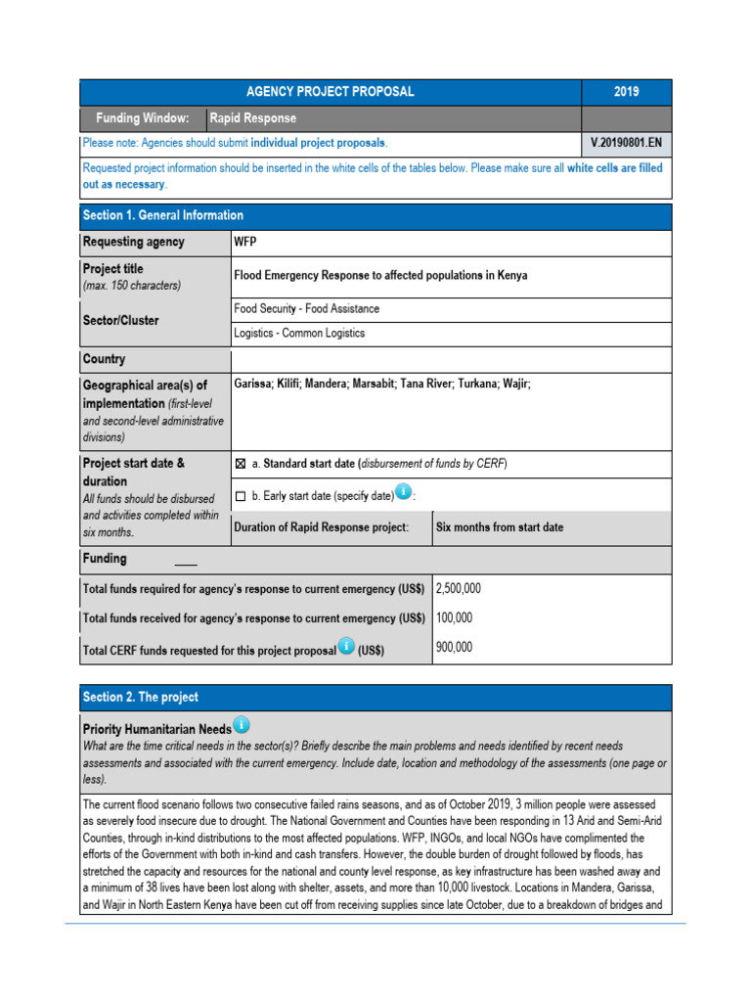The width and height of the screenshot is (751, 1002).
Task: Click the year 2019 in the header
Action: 626,92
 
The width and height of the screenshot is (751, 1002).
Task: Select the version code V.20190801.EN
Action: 626,143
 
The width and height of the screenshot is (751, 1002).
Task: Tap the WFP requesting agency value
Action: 245,242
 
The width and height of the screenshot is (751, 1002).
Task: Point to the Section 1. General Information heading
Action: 163,215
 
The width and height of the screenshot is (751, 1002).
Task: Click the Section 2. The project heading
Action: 141,697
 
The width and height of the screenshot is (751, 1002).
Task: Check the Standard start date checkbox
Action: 241,464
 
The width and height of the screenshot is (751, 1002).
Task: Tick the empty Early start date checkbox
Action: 241,496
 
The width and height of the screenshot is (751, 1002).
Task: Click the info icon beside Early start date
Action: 403,492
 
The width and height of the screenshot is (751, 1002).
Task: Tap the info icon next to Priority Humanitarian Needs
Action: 241,725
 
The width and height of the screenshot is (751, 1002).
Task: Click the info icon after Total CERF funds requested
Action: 345,648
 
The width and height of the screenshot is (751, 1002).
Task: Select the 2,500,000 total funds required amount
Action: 458,589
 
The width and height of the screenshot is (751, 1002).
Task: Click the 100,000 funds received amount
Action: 454,618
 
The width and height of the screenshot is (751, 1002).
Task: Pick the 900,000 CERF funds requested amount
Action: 454,647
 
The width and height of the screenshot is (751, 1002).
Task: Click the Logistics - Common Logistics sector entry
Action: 299,333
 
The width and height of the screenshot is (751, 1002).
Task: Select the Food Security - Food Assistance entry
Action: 306,308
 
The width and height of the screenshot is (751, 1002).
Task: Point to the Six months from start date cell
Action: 499,527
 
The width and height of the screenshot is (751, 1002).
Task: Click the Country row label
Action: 105,359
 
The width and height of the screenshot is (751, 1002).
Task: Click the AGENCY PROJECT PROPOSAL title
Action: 331,92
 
